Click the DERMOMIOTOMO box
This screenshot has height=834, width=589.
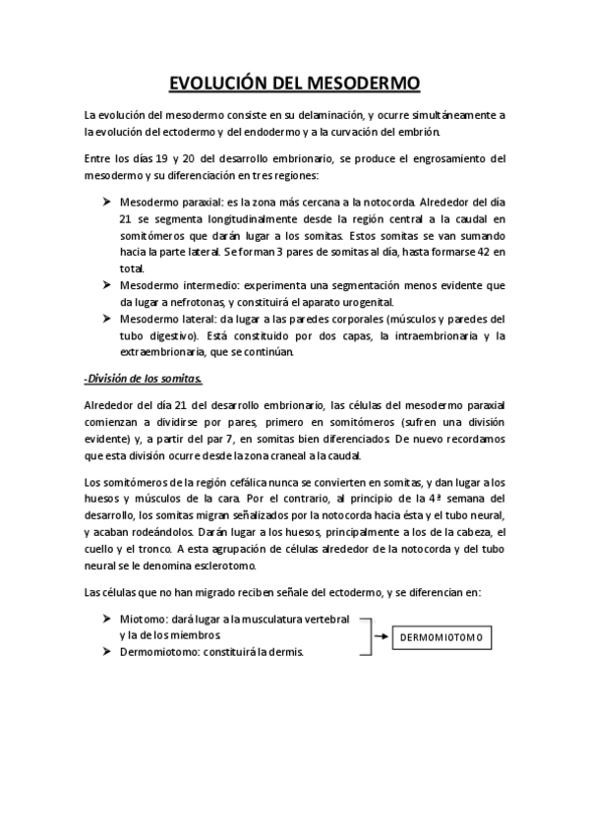coord(442,637)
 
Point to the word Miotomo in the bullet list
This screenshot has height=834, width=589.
coord(141,619)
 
